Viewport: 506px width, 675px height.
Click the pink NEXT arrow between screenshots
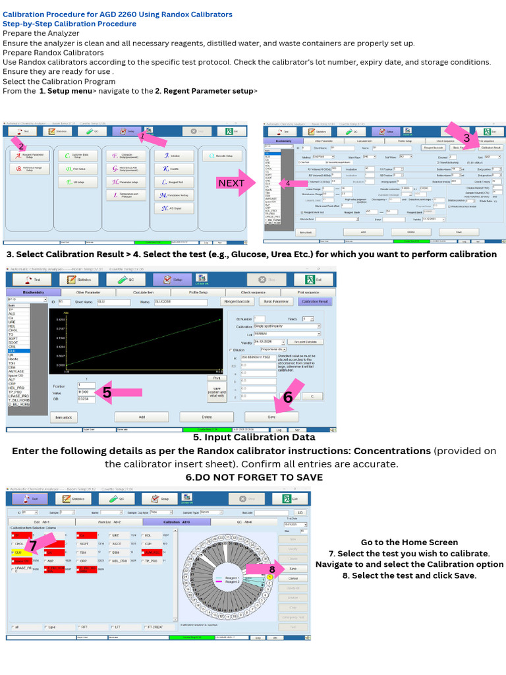click(232, 183)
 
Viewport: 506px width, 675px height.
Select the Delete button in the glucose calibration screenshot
click(206, 417)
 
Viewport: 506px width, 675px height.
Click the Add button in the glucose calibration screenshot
click(142, 417)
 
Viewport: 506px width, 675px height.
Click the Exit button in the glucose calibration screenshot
click(316, 279)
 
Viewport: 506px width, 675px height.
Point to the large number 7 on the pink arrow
click(32, 544)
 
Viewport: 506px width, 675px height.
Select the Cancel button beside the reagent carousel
click(294, 578)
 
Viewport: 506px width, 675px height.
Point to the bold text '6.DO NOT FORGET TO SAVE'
click(254, 477)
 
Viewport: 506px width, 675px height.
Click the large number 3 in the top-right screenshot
click(466, 138)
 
